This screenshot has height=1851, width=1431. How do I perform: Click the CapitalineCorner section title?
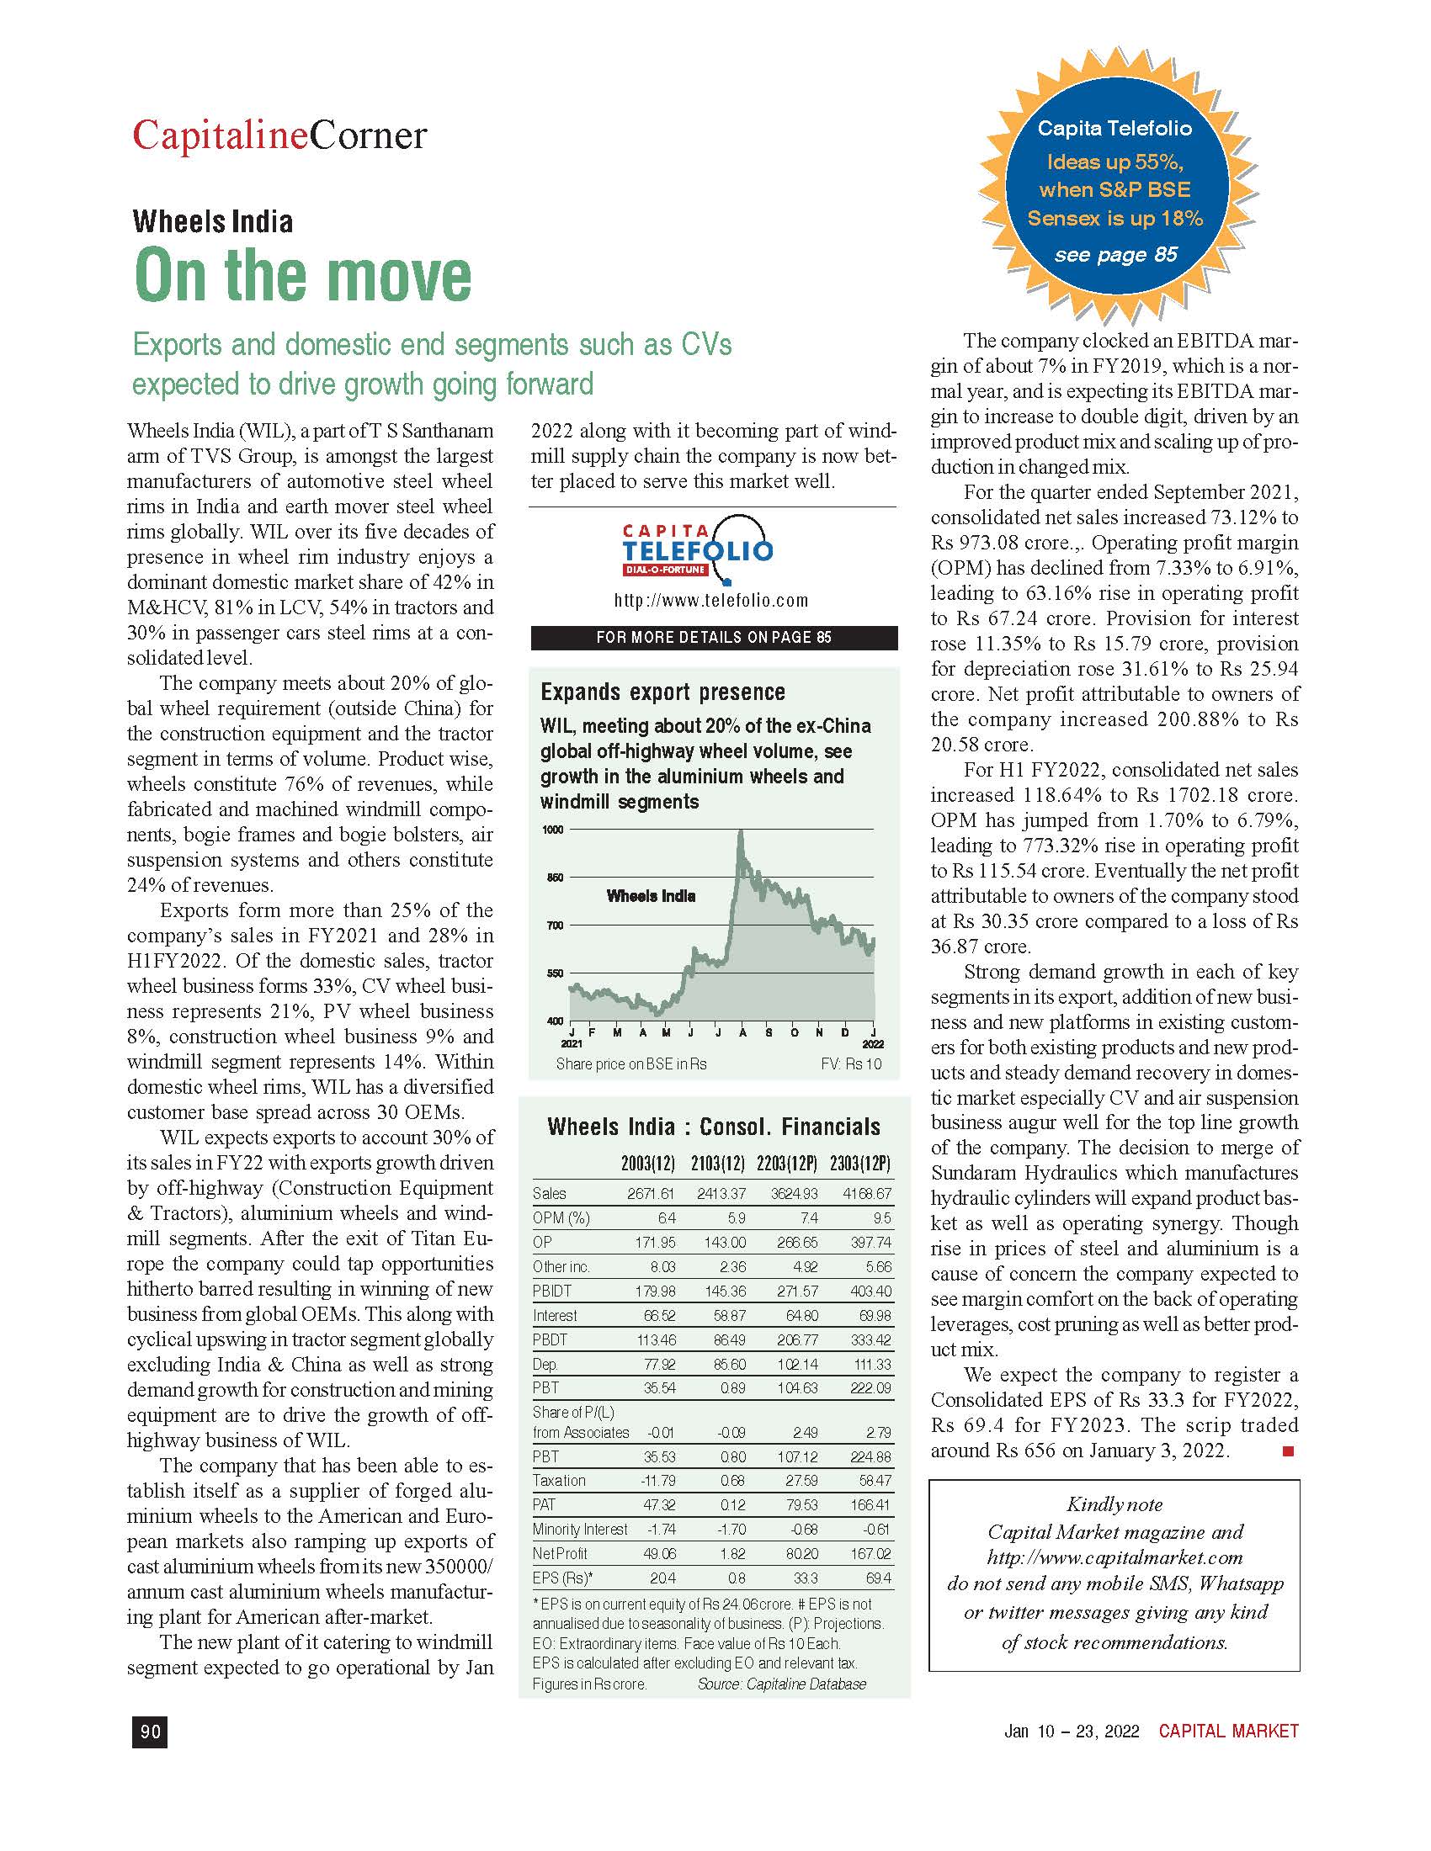point(279,135)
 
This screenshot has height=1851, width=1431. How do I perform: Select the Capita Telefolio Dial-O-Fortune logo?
point(698,549)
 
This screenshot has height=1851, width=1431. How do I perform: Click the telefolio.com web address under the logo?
point(711,600)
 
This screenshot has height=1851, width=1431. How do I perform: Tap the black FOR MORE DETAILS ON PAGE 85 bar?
point(714,638)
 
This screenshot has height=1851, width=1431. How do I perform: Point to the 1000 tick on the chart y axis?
point(553,830)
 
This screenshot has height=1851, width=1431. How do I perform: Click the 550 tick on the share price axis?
point(554,973)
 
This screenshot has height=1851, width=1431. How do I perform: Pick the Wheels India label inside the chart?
point(651,896)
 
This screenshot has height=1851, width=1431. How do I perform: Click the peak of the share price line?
point(741,834)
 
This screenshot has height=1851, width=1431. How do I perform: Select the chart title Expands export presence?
point(663,692)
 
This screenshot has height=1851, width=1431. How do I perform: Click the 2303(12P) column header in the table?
point(859,1163)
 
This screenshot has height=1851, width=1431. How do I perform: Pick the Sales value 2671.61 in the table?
point(650,1193)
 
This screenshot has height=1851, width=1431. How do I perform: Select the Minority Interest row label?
point(580,1529)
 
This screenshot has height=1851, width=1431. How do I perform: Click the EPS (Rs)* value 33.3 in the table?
point(806,1578)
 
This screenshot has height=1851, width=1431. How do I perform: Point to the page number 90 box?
point(150,1732)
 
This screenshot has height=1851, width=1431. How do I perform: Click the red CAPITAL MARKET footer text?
point(1228,1731)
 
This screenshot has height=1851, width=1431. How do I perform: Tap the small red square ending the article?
point(1288,1452)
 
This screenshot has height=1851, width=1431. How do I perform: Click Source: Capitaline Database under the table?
point(782,1684)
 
